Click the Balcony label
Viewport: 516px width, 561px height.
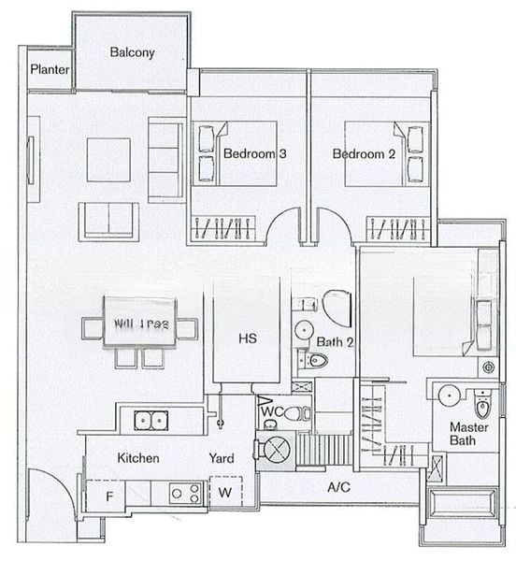[x=132, y=52]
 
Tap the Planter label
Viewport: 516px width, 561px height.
[x=47, y=70]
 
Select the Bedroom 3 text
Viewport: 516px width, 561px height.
[x=254, y=154]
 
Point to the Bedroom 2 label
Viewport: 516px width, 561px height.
[x=364, y=154]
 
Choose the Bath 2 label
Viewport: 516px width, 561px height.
[x=334, y=343]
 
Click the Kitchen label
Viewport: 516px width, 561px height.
[x=137, y=458]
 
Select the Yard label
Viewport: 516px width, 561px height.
[x=221, y=458]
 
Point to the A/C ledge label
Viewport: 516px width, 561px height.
[x=338, y=487]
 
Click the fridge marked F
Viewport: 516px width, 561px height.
[x=108, y=496]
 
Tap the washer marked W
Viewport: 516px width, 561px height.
[x=225, y=493]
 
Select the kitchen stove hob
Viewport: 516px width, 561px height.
[x=183, y=492]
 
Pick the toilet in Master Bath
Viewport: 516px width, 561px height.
[x=482, y=405]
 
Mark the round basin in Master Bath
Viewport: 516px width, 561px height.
[x=450, y=396]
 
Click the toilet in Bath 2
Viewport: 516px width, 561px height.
[x=318, y=360]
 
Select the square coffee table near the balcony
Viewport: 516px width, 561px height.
[x=109, y=160]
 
